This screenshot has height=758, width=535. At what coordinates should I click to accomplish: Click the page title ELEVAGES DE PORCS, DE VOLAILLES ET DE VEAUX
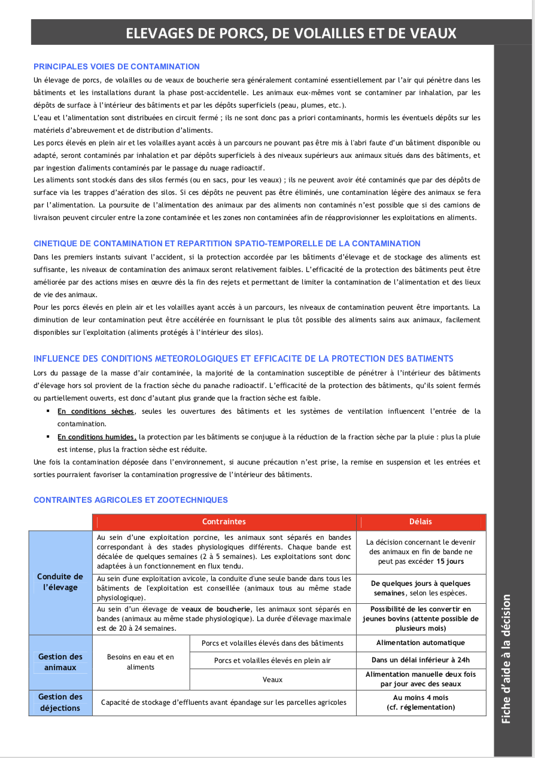point(291,33)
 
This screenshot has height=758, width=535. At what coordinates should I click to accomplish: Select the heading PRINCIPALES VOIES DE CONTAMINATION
point(117,66)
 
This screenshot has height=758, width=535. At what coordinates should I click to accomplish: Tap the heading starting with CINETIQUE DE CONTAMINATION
point(227,243)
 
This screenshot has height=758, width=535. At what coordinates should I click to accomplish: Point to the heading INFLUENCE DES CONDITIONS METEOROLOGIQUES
point(243,359)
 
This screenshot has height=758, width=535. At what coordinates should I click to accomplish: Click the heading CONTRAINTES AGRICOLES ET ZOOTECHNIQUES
point(130,500)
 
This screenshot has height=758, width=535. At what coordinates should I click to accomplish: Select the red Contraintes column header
point(224,522)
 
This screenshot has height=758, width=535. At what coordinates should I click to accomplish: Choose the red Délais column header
point(421,522)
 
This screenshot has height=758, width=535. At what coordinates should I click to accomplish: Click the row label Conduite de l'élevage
point(60,582)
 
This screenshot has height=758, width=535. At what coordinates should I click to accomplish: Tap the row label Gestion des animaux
point(60,662)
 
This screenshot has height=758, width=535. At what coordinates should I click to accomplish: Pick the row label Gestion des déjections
point(60,702)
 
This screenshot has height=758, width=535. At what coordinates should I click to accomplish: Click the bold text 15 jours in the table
point(450,562)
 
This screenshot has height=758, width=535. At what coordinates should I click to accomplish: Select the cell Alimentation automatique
point(421,643)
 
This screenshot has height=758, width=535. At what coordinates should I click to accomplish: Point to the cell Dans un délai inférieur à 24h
point(421,661)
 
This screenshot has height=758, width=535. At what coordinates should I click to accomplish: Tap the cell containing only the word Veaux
point(272,680)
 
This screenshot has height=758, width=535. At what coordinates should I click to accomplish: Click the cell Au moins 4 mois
point(421,698)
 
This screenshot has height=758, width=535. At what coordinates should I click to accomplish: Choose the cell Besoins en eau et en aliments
point(141,662)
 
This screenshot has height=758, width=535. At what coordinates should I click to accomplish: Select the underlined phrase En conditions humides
point(97,437)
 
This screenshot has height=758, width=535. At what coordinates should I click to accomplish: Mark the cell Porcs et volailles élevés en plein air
point(272,661)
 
